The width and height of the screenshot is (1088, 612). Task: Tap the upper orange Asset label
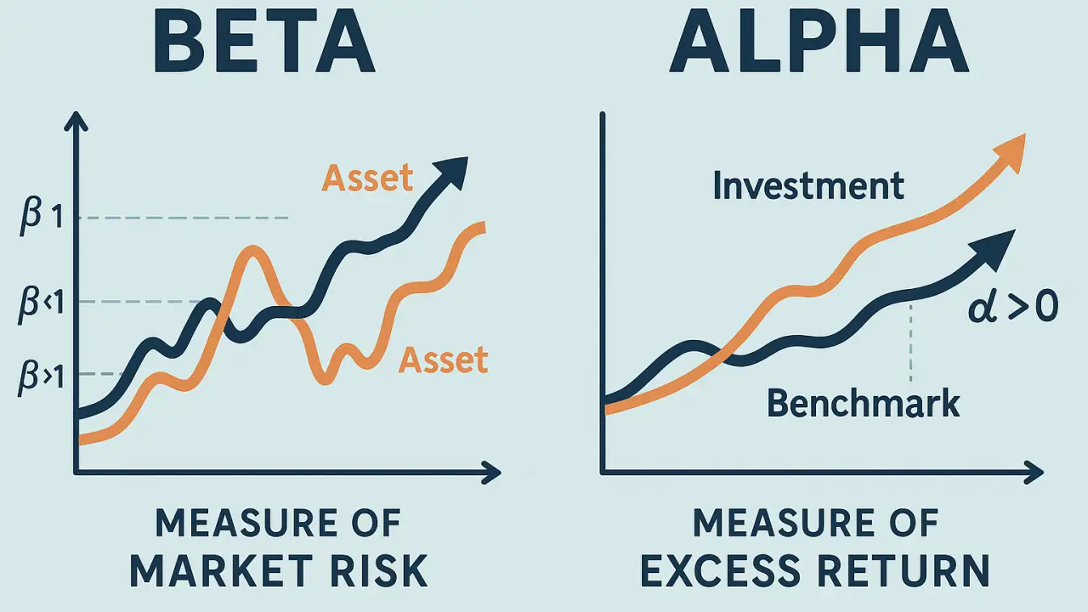367,178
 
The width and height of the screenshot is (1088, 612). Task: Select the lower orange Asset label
443,360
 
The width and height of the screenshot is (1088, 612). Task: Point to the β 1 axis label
42,216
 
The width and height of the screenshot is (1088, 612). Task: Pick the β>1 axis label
42,377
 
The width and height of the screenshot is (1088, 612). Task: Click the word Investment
808,185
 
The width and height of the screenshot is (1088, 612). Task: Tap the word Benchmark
863,403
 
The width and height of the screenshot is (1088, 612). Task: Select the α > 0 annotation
1013,308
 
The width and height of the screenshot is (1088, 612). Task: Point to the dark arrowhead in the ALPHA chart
995,249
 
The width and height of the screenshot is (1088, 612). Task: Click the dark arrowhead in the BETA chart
450,172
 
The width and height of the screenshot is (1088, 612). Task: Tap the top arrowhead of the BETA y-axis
76,121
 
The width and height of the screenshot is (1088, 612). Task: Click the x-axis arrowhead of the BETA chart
491,472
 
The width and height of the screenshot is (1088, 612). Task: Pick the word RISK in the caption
379,571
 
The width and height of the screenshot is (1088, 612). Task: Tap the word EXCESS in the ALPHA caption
721,571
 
